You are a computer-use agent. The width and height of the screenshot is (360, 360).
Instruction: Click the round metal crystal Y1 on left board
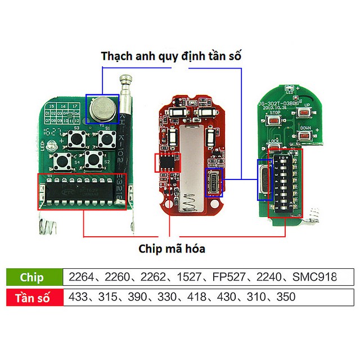coord(101,107)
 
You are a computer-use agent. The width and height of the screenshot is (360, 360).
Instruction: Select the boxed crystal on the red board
coord(214,183)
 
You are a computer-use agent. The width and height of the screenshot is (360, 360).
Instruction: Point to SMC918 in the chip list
coord(314,277)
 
